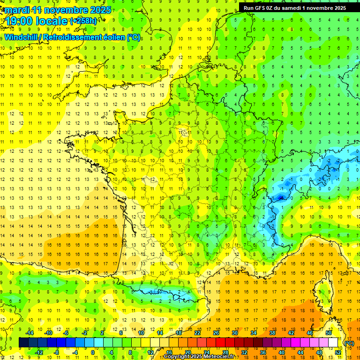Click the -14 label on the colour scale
(x=30, y=333)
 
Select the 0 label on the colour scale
(x=92, y=352)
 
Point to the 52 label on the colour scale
(x=338, y=352)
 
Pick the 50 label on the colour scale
(x=328, y=333)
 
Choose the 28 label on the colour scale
(x=225, y=352)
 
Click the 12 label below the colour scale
(x=150, y=352)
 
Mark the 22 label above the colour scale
(x=197, y=333)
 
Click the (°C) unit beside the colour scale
(x=349, y=343)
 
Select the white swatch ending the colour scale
(x=333, y=343)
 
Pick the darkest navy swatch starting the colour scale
(x=24, y=343)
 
